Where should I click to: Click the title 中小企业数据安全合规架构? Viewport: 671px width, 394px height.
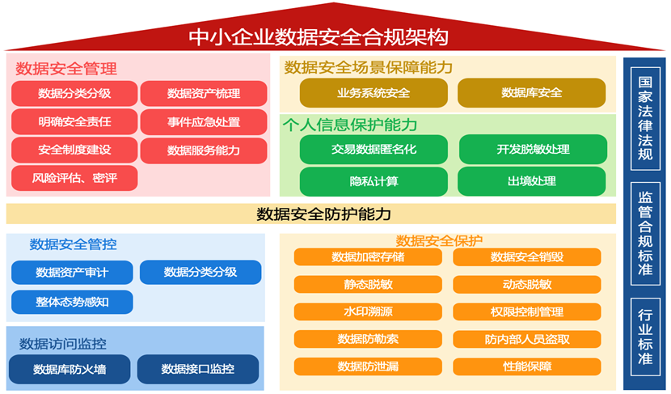coord(318,37)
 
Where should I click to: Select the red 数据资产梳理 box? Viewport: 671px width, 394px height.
coord(204,94)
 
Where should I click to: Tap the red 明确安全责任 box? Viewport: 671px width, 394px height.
coord(74,122)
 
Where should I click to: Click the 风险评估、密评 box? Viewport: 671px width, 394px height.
coord(74,177)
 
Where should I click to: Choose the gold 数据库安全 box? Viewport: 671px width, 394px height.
coord(531,93)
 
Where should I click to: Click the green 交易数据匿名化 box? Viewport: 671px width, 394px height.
coord(373,150)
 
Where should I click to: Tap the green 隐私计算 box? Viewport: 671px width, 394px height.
coord(373,181)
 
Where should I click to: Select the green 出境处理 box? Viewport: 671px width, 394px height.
coord(531,181)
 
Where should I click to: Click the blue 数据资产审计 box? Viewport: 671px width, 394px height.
coord(72,273)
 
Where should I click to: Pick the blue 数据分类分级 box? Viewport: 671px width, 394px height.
coord(200,273)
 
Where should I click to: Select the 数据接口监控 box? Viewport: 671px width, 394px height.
coord(198,369)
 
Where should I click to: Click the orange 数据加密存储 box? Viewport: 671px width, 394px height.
coord(368,257)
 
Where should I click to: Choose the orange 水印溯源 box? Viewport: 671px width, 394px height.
coord(368,311)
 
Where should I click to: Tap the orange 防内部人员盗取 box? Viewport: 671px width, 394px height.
coord(527,339)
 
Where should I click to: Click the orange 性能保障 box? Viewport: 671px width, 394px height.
coord(527,366)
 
